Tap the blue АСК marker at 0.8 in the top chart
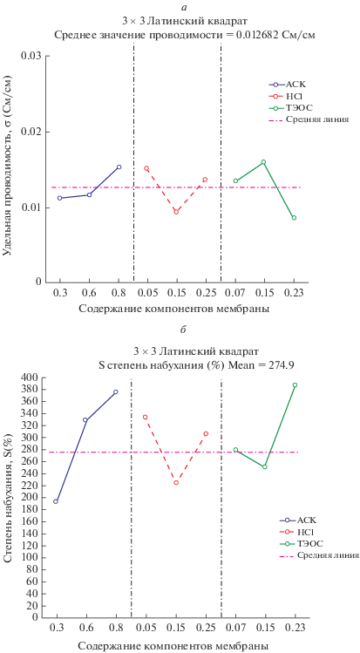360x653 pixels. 119,167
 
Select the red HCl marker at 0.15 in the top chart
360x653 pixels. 176,212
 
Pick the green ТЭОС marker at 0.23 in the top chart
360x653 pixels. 294,218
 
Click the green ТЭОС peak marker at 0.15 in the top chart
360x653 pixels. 263,162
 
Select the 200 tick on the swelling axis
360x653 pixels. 31,497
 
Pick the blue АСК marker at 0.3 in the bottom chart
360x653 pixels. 56,501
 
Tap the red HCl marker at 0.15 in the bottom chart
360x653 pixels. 176,483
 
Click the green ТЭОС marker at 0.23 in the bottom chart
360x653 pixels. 295,385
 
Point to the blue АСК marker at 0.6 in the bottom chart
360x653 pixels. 85,420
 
